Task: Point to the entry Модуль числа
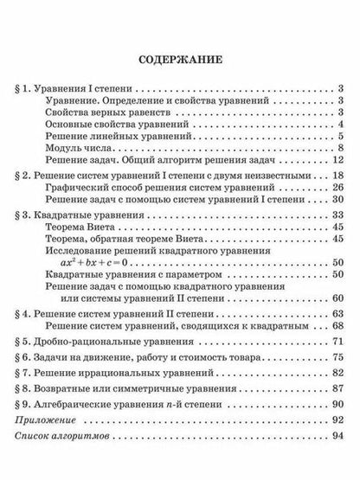click(x=73, y=149)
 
